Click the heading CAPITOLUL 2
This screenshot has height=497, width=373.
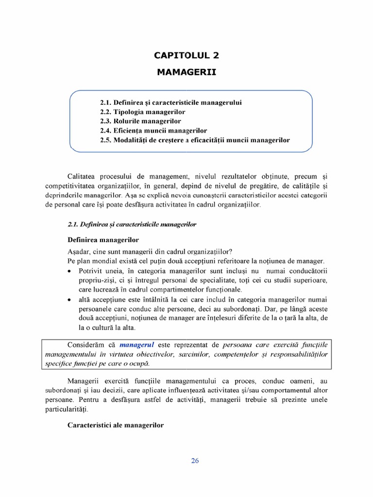186,55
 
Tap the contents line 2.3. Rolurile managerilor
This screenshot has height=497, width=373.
140,121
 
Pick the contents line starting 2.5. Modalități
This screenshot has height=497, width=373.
195,140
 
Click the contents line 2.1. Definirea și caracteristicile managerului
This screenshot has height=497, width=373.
171,103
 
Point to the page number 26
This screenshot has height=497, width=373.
195,461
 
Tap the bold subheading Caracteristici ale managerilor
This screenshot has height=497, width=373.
116,425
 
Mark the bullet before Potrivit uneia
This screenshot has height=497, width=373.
71,271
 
